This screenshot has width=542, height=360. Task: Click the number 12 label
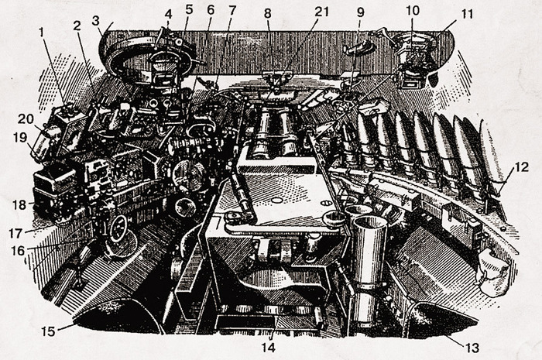point(520,165)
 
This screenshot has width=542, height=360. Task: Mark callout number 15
point(47,331)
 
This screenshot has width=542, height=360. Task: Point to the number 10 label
point(412,12)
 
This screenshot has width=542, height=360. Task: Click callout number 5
point(189,12)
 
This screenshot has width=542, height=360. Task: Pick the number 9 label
point(360,12)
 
